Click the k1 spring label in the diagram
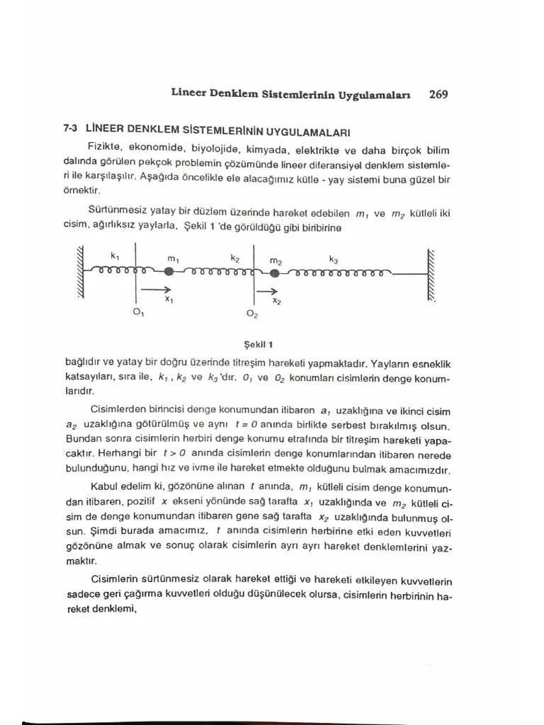(115, 256)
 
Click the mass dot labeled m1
(169, 271)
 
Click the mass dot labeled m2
(275, 274)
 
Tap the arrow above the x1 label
(156, 289)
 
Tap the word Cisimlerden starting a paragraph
(121, 411)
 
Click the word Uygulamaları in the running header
(380, 94)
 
